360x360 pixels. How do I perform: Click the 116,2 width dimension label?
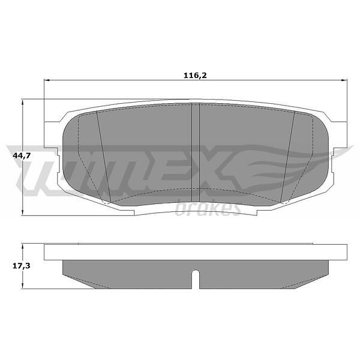point(195,76)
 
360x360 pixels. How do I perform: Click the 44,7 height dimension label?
point(22,155)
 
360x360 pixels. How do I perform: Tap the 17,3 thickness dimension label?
point(22,266)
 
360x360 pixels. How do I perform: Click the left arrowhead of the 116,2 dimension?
point(47,80)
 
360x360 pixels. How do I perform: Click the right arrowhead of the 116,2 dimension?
point(344,80)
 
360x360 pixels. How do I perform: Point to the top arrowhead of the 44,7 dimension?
point(22,103)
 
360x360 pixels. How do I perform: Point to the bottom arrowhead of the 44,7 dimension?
point(22,212)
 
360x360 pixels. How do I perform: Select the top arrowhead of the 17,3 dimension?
point(22,247)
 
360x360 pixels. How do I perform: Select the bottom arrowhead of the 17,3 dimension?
point(22,286)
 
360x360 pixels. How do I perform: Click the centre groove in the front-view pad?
point(196,152)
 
